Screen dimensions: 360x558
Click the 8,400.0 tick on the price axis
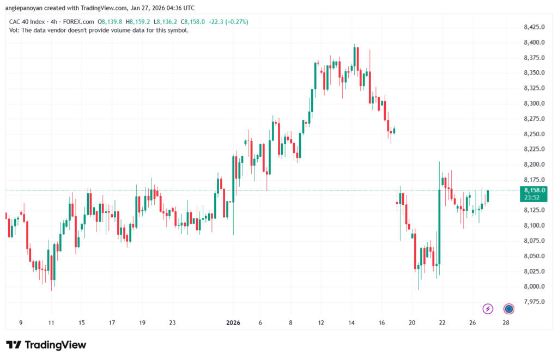coord(533,42)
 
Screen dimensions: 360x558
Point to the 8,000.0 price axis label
coord(533,286)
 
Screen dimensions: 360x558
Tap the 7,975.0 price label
coord(533,302)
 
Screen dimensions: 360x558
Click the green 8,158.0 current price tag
coord(534,190)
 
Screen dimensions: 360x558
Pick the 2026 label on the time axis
coord(234,323)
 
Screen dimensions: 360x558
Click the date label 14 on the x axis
coord(351,323)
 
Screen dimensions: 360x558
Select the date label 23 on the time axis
coord(172,323)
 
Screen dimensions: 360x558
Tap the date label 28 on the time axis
coord(506,323)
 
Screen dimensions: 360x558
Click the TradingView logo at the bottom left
coord(46,345)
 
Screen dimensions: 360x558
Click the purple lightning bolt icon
coord(488,309)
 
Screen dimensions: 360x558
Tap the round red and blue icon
coord(509,309)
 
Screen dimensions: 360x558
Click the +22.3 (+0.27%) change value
coord(226,22)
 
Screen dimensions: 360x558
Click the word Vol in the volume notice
coord(14,30)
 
